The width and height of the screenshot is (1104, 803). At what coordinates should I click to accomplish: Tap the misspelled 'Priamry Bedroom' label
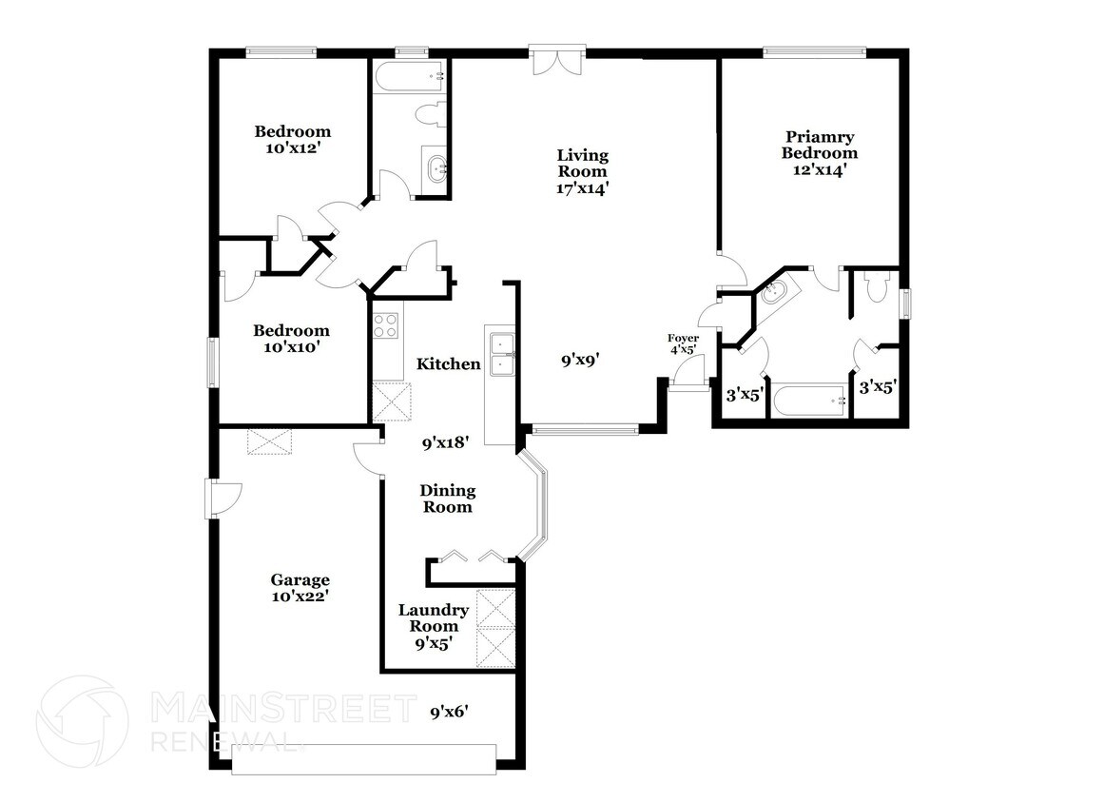820,145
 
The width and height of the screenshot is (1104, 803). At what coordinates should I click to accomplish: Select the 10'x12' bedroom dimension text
292,148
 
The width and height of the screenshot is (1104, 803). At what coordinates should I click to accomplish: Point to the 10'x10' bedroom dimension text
291,347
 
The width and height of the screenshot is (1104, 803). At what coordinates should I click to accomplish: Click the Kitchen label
448,363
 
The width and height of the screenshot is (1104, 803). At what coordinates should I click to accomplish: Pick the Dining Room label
447,499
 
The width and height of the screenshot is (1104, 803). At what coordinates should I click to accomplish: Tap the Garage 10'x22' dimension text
300,597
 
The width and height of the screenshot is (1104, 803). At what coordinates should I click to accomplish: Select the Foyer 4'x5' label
683,343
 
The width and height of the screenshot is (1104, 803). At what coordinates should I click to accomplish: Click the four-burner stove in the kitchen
386,326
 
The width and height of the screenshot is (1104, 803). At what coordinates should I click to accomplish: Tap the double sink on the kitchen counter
501,353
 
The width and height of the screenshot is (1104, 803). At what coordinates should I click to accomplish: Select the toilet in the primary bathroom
876,285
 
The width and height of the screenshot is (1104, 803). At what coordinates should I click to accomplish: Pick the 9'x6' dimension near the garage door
450,711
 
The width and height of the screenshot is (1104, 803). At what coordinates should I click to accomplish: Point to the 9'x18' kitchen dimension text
447,442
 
